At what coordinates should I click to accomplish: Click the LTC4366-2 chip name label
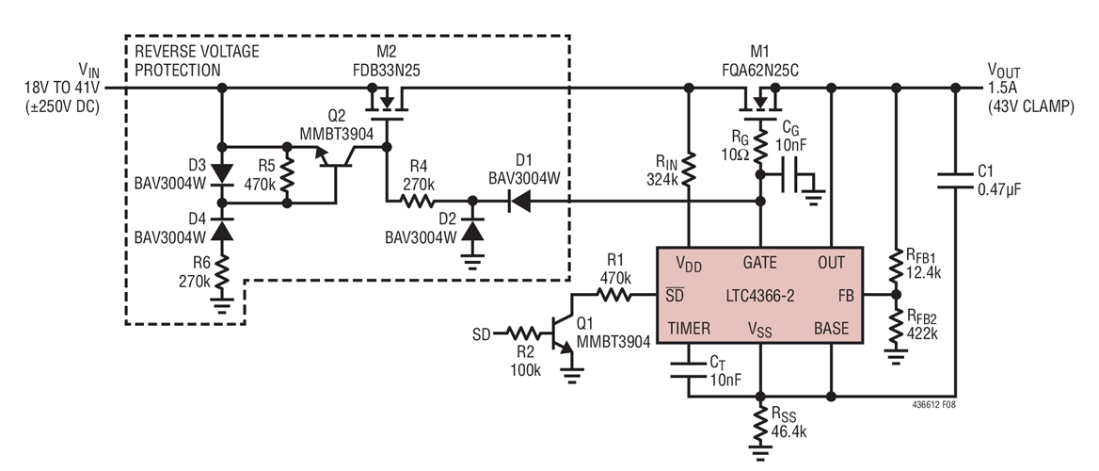pos(760,295)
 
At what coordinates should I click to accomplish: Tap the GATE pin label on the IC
pos(760,262)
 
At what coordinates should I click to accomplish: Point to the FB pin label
pos(847,295)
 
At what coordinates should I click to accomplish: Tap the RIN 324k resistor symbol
pos(689,169)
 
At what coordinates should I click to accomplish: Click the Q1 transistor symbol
pos(563,332)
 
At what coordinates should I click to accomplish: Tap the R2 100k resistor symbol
pos(520,333)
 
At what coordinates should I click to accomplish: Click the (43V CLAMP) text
pos(1029,106)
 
